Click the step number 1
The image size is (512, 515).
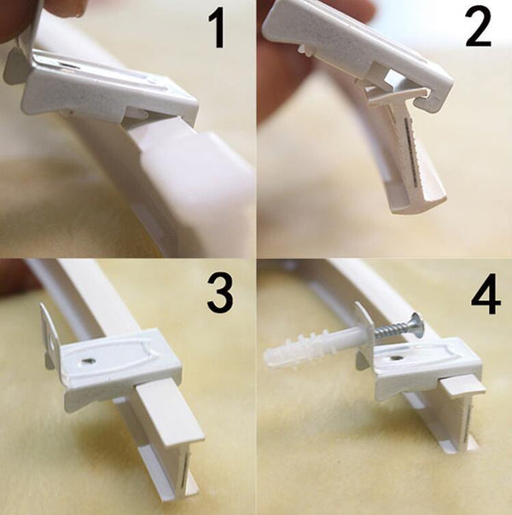[x=217, y=30]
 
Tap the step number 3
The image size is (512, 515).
[x=220, y=293]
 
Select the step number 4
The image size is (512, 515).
[x=486, y=295]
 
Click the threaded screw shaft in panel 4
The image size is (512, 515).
[x=390, y=330]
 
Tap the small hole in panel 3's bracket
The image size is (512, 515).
[x=87, y=362]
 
